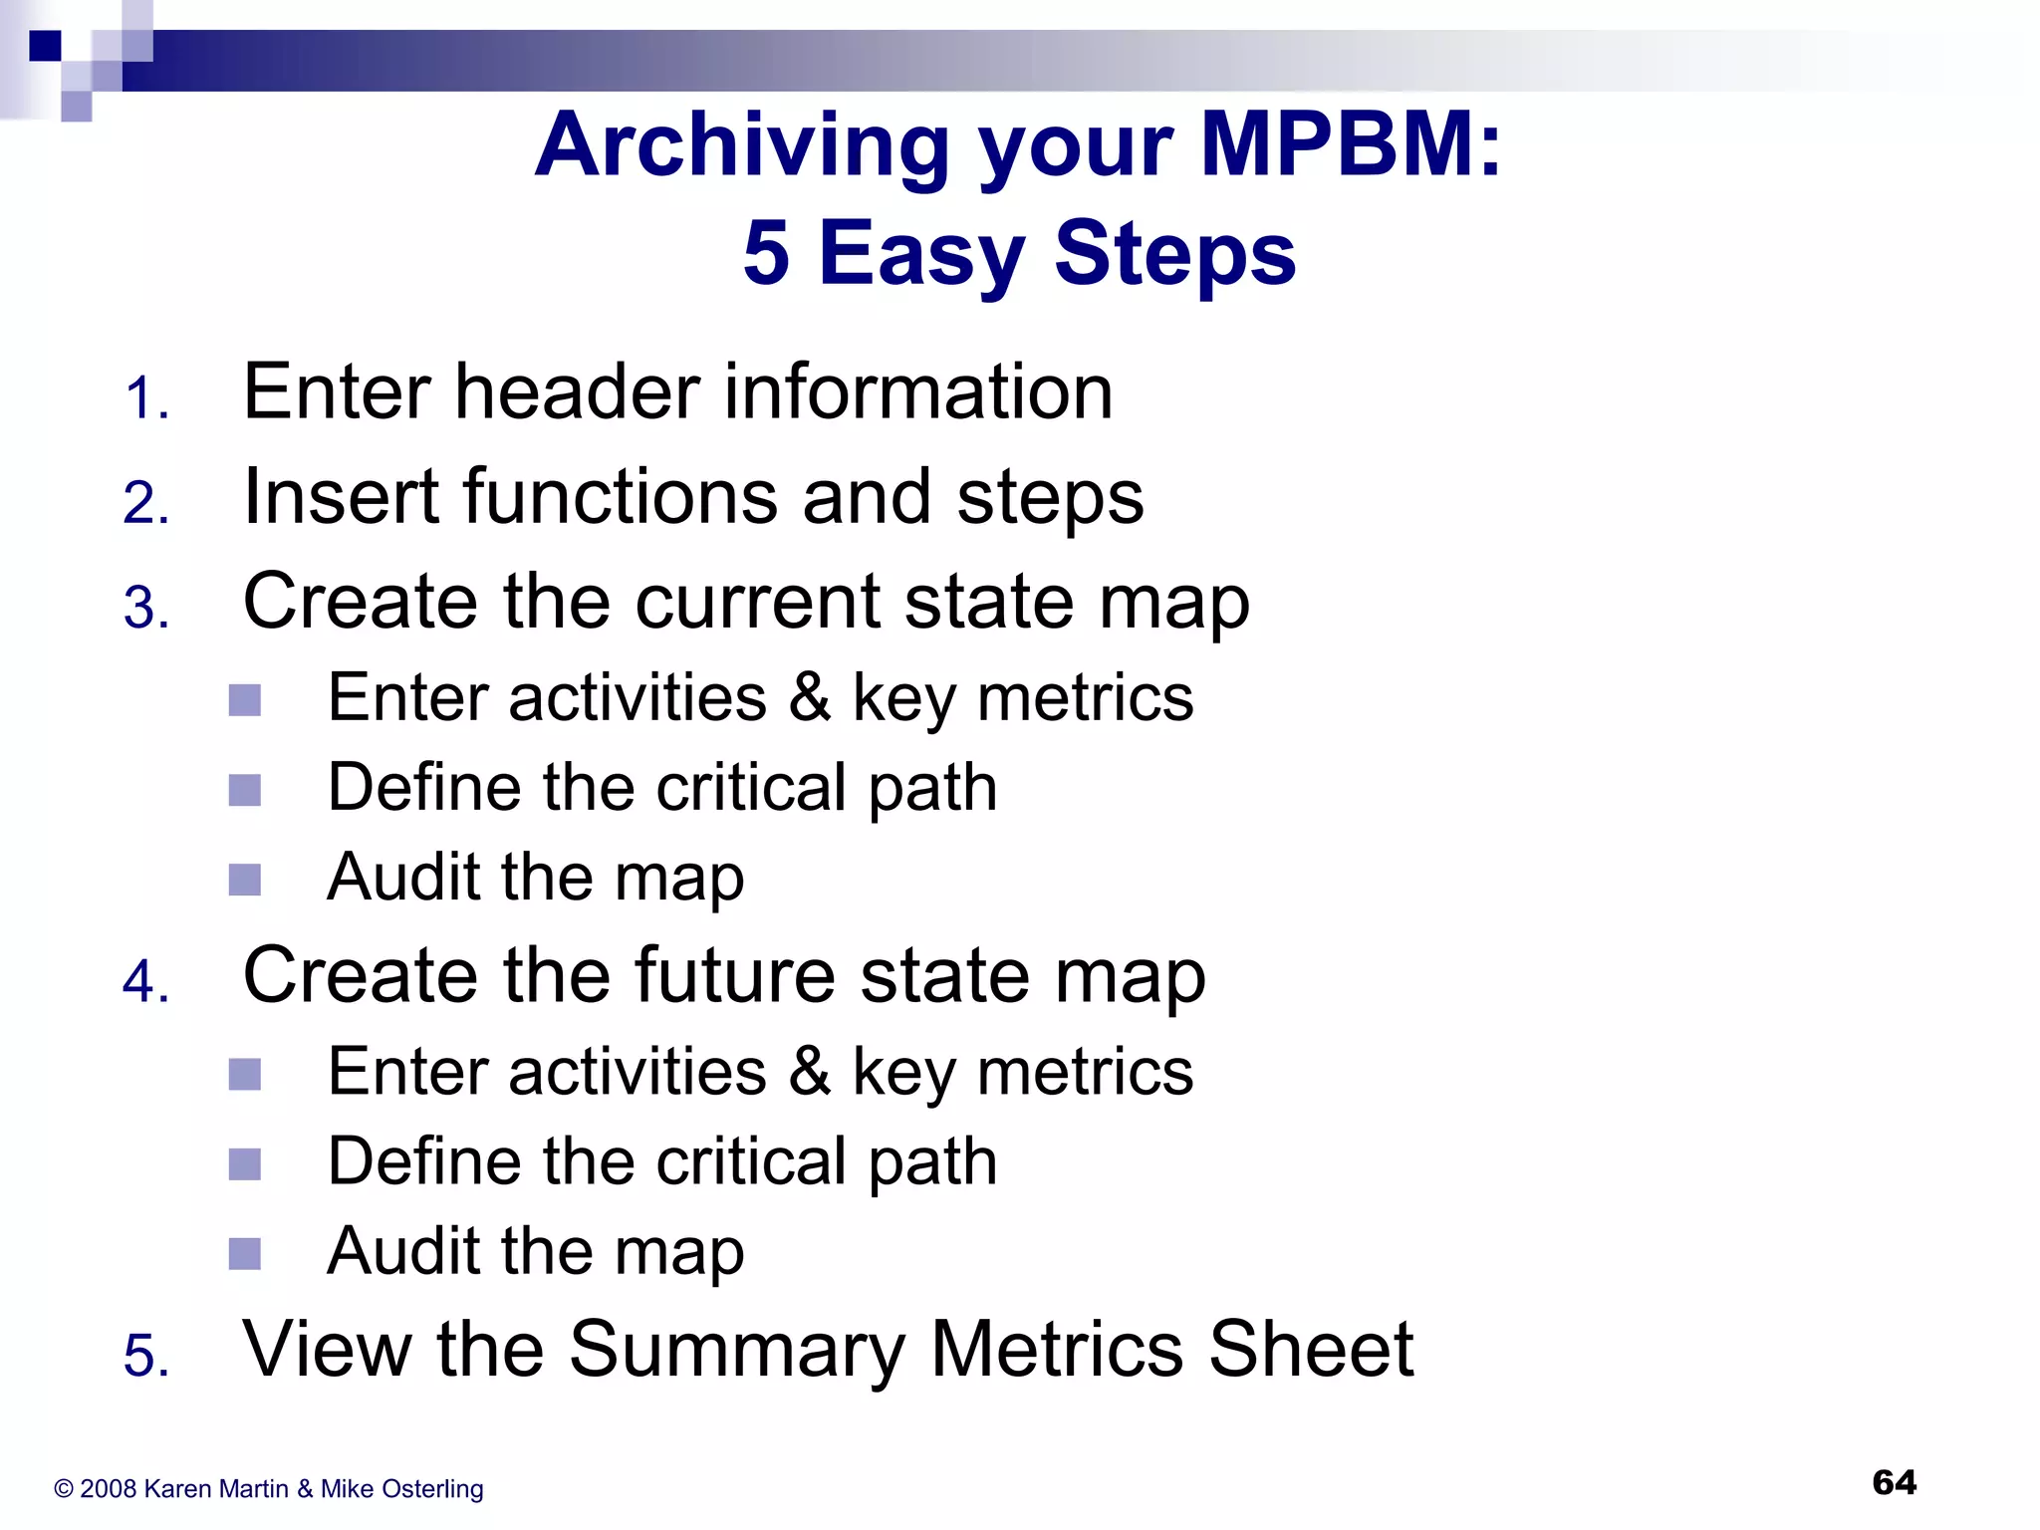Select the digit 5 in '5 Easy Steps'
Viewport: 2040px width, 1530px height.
tap(766, 253)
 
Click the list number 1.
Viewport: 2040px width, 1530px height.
tap(145, 399)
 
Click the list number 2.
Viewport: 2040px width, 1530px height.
tap(145, 503)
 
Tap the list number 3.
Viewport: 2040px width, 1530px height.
tap(145, 608)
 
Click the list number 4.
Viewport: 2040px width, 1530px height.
tap(145, 982)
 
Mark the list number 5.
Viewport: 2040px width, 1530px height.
tap(145, 1357)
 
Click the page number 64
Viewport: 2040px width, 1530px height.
tap(1894, 1482)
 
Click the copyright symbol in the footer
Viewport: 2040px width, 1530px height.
tap(64, 1489)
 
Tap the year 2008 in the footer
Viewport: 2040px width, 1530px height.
tap(108, 1489)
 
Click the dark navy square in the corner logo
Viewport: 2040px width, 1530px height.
tap(45, 46)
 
